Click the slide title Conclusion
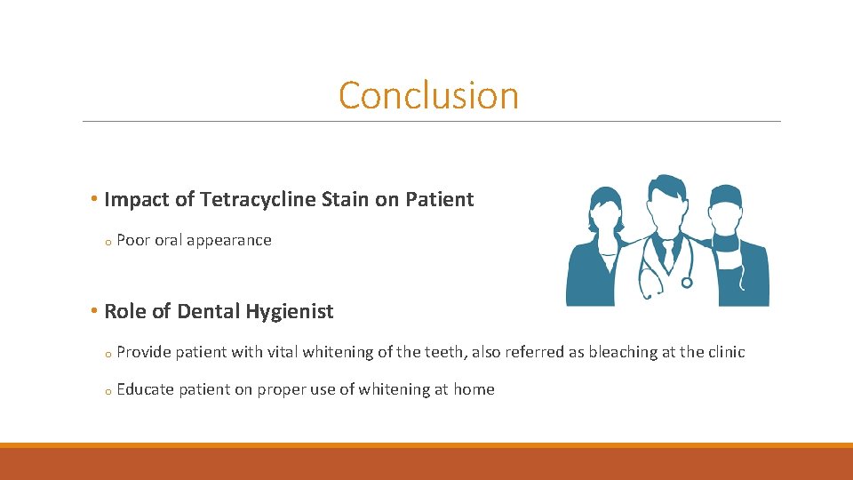tap(428, 96)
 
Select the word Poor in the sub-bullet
tap(133, 240)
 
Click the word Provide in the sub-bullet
tap(144, 352)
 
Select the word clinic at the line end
tap(726, 352)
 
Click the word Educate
tap(144, 389)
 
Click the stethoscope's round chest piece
tap(686, 282)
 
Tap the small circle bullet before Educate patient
tap(106, 391)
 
